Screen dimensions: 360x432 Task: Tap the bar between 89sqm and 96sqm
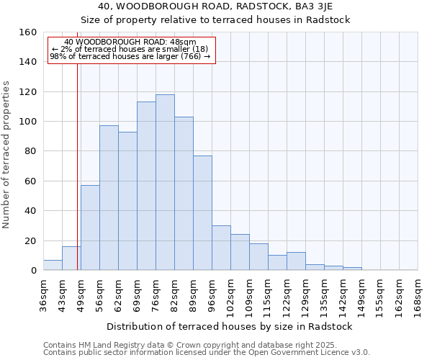click(202, 213)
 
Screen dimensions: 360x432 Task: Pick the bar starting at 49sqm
click(90, 228)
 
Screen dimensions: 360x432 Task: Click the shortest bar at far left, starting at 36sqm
click(53, 265)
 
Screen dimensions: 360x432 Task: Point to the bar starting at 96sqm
click(221, 248)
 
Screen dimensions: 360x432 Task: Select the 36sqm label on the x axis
click(44, 294)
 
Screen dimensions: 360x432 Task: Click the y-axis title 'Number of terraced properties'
click(7, 155)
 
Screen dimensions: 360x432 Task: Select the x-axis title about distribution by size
click(230, 326)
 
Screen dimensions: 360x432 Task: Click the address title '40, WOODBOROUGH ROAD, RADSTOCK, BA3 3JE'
click(215, 6)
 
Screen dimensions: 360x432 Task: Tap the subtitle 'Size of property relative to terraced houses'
click(215, 19)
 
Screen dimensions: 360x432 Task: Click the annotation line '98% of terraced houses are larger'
click(130, 56)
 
